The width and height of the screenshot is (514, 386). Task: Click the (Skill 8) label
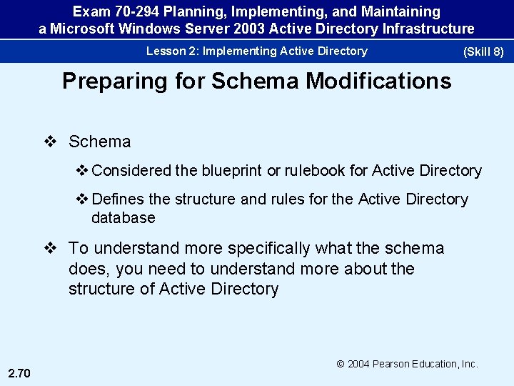click(x=483, y=52)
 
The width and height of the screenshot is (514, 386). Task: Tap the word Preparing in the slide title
click(x=114, y=81)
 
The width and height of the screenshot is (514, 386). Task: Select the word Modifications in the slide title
click(x=378, y=81)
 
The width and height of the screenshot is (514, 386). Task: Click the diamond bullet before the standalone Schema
click(x=49, y=142)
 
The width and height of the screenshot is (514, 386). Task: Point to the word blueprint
click(x=231, y=171)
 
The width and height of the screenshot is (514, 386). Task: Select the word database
click(x=123, y=217)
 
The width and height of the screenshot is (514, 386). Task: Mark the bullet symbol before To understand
click(x=49, y=249)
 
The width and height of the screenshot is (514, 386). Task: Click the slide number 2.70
click(x=20, y=370)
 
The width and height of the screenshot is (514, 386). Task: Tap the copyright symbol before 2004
click(x=341, y=364)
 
